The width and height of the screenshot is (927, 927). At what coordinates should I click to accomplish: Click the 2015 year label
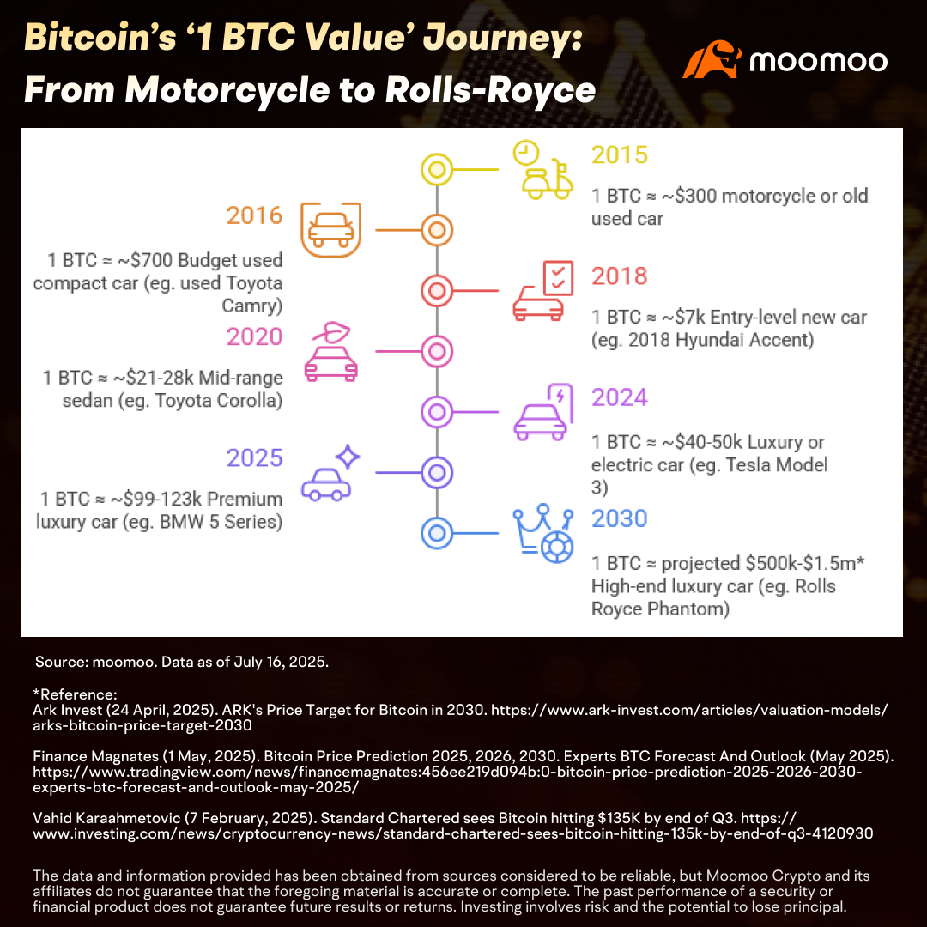pos(620,154)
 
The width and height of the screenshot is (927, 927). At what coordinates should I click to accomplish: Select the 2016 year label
pos(254,215)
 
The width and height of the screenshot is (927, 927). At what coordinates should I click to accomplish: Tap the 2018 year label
pos(620,276)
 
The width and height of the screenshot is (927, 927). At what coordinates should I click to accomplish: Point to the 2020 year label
pos(254,337)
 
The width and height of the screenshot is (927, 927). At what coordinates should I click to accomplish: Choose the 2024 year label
pos(620,397)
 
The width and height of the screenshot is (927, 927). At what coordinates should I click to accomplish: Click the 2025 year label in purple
pos(254,458)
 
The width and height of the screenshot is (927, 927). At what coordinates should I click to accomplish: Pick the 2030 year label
pos(620,518)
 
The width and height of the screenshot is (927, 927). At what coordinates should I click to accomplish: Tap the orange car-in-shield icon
pos(331,230)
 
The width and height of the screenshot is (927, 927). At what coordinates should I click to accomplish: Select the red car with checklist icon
pos(542,291)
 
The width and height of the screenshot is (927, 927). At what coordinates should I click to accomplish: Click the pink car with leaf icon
pos(331,352)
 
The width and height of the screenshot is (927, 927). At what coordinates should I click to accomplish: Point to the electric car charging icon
pos(542,412)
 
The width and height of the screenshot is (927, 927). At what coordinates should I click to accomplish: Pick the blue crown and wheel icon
pos(542,533)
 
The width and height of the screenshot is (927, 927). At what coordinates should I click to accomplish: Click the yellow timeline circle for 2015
pos(437,170)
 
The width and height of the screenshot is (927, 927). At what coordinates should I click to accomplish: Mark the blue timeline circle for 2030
pos(437,533)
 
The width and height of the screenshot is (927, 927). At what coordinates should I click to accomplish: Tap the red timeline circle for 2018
pos(437,291)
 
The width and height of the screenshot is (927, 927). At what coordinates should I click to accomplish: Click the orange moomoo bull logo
pos(712,59)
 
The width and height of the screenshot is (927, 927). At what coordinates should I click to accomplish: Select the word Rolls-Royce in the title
pos(490,90)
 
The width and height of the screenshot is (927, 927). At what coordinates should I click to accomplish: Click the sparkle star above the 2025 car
pos(348,457)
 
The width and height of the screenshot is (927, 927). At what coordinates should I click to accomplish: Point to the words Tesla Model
pos(777,465)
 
